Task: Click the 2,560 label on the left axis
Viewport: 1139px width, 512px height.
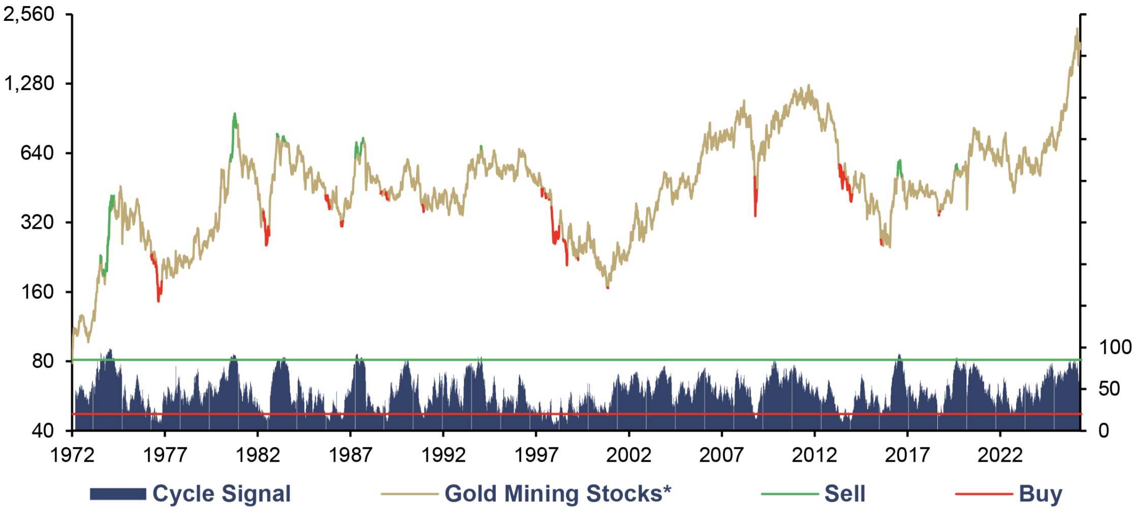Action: pos(29,14)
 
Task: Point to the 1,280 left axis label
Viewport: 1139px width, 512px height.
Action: pos(29,83)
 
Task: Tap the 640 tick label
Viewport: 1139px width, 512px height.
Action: pos(37,152)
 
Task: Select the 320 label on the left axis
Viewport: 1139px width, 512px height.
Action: pos(37,222)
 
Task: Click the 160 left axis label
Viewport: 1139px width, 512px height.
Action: pos(37,292)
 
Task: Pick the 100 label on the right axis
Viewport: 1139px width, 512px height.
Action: pos(1115,347)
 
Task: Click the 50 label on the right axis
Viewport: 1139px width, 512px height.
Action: pos(1109,389)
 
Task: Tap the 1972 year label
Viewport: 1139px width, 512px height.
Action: pos(72,455)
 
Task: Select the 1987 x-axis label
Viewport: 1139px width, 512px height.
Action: pos(351,455)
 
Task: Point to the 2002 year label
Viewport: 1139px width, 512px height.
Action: pos(629,455)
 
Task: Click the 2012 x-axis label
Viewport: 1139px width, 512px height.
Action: pos(814,455)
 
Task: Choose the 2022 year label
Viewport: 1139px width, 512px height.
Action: pos(1000,455)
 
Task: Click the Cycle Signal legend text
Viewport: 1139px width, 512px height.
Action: pos(222,494)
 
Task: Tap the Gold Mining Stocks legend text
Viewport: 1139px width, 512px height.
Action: pos(558,494)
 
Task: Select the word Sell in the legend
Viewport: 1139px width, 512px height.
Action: pos(845,494)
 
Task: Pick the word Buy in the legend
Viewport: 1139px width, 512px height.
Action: pos(1040,494)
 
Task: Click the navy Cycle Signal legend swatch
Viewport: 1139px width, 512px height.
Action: pos(118,494)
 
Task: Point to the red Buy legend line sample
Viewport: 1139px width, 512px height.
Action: pos(984,494)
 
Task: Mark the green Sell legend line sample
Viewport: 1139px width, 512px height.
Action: pos(790,494)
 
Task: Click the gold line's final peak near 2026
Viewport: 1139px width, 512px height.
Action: pos(1077,29)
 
